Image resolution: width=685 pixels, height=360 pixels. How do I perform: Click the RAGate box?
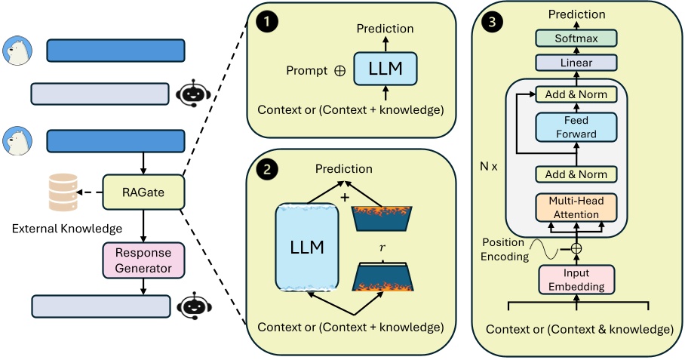pyautogui.click(x=143, y=192)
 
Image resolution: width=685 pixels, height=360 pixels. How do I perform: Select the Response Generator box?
pyautogui.click(x=143, y=260)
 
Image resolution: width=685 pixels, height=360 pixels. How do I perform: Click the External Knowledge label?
pyautogui.click(x=67, y=228)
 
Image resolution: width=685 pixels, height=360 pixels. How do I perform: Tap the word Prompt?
pyautogui.click(x=306, y=71)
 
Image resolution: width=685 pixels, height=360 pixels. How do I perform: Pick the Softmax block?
pyautogui.click(x=576, y=38)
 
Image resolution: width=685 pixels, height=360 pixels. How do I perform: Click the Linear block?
pyautogui.click(x=576, y=63)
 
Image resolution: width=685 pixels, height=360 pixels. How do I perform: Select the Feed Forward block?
pyautogui.click(x=576, y=127)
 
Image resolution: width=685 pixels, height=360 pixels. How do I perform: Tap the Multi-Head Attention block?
pyautogui.click(x=576, y=208)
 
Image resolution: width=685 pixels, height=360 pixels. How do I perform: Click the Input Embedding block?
pyautogui.click(x=576, y=279)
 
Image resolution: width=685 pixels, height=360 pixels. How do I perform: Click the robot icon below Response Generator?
pyautogui.click(x=190, y=305)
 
